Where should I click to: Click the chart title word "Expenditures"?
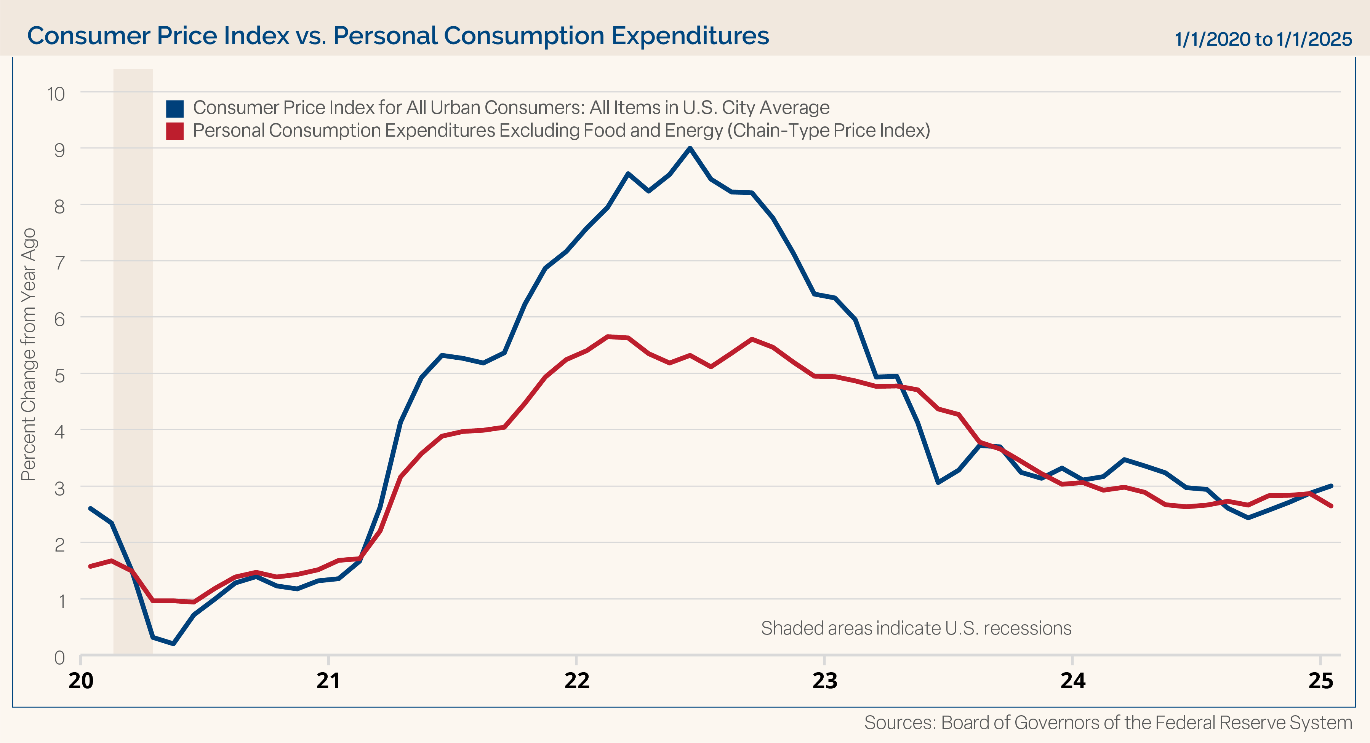(x=690, y=36)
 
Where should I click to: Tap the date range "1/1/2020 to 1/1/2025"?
(x=1263, y=39)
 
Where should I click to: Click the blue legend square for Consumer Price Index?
(x=174, y=108)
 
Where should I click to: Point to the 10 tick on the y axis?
(x=56, y=94)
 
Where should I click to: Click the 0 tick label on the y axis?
(x=59, y=658)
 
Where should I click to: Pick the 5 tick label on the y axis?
(x=59, y=376)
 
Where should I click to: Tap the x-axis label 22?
(x=576, y=681)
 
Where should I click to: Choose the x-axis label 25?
(x=1320, y=681)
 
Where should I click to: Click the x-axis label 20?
(x=81, y=681)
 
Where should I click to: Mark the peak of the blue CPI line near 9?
(x=690, y=148)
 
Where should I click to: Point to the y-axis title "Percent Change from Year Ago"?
(x=28, y=354)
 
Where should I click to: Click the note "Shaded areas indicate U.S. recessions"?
(x=916, y=628)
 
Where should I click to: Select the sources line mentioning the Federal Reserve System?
(x=1108, y=723)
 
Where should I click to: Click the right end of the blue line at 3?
(x=1331, y=486)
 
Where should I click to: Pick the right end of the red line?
(x=1331, y=506)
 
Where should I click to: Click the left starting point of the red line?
(x=90, y=566)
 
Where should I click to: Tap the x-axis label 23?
(x=824, y=681)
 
